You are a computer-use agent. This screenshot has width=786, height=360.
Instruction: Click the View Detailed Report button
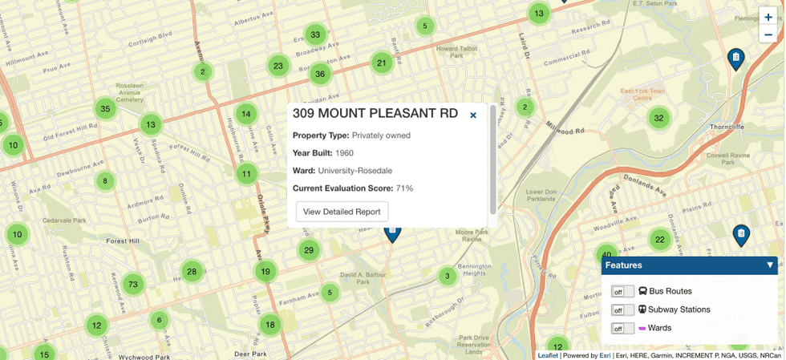(x=342, y=212)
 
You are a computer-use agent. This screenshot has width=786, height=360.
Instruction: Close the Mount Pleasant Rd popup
(x=473, y=115)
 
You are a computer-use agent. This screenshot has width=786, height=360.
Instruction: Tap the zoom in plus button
(x=768, y=18)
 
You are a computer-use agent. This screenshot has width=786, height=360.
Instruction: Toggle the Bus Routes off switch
(x=622, y=291)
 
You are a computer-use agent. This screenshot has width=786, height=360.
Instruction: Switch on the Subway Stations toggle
(x=622, y=309)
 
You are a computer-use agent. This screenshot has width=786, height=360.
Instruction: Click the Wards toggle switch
(x=622, y=328)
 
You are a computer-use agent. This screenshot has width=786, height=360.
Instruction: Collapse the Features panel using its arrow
(x=770, y=265)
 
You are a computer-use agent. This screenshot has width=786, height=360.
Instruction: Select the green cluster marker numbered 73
(x=133, y=284)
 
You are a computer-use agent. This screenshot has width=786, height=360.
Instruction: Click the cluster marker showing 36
(x=320, y=74)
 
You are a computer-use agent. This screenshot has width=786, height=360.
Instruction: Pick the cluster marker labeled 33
(x=315, y=34)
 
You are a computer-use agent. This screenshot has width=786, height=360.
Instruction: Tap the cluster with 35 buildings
(x=105, y=108)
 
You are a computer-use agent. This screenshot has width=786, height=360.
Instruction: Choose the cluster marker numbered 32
(x=658, y=119)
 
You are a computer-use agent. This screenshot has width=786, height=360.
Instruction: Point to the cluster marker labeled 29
(x=309, y=250)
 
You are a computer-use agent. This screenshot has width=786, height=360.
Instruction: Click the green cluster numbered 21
(x=382, y=63)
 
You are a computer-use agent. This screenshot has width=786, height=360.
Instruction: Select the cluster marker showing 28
(x=192, y=272)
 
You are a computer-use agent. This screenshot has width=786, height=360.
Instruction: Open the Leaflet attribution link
(x=548, y=355)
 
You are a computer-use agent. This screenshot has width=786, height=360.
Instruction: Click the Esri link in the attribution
(x=605, y=355)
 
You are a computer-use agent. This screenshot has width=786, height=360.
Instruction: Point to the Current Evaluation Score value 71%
(x=404, y=188)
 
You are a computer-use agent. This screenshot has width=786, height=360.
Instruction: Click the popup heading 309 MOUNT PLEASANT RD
(x=375, y=114)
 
